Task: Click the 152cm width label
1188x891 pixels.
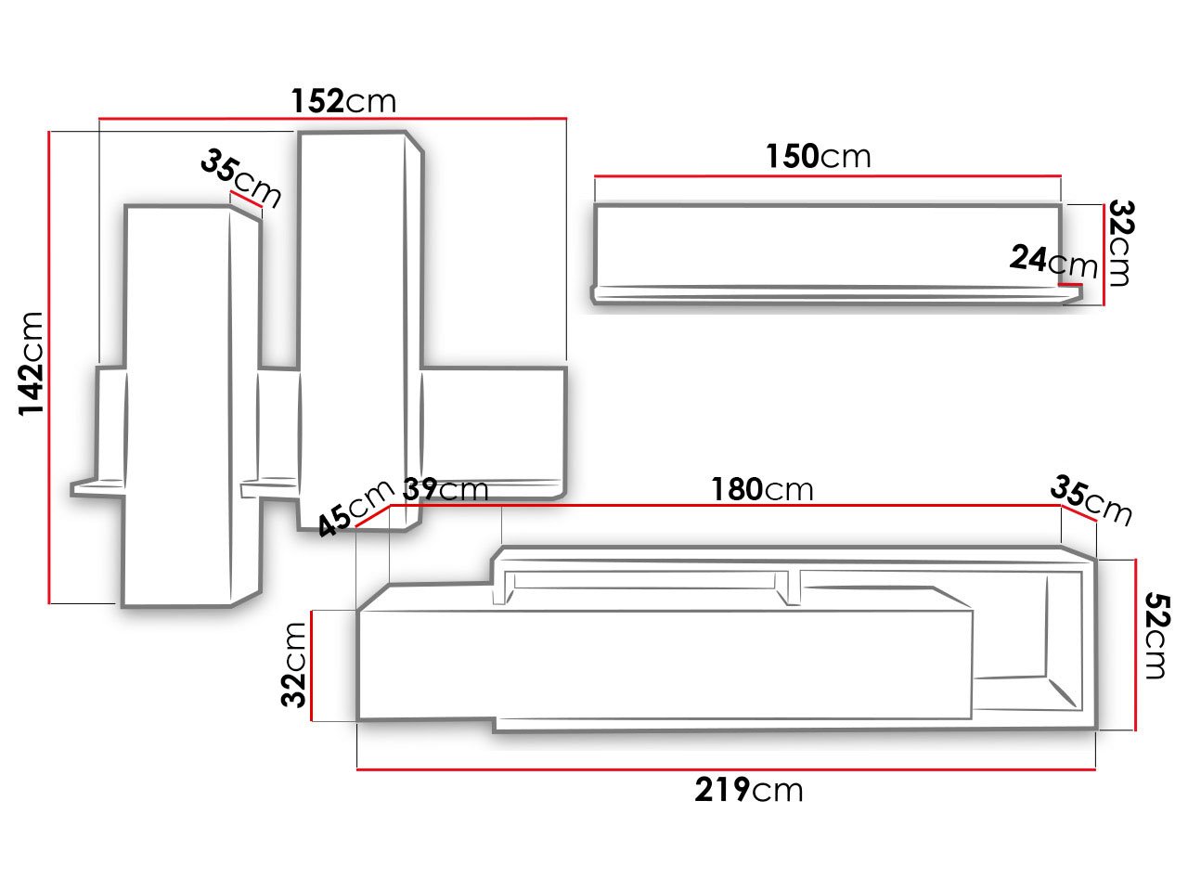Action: click(343, 100)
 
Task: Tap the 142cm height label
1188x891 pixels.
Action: click(31, 364)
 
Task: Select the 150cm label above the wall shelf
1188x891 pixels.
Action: click(819, 156)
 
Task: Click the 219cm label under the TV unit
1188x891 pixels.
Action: click(749, 790)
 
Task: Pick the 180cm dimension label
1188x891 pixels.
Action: click(762, 489)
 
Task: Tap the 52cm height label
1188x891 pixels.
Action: click(1157, 636)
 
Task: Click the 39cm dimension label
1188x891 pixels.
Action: click(445, 490)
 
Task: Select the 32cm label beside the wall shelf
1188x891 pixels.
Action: click(1120, 243)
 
